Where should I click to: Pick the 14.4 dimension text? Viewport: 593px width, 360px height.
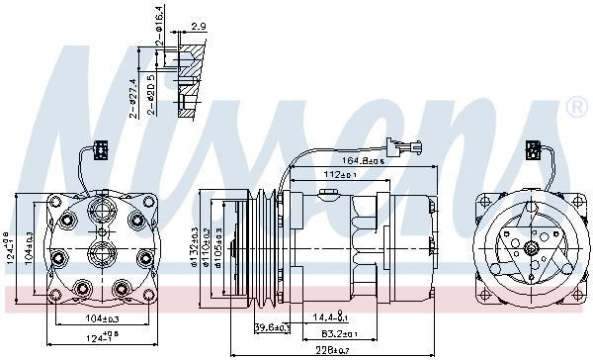329,316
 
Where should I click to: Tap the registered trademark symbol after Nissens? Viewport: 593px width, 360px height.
575,106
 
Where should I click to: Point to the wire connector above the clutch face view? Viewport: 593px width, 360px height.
533,150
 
